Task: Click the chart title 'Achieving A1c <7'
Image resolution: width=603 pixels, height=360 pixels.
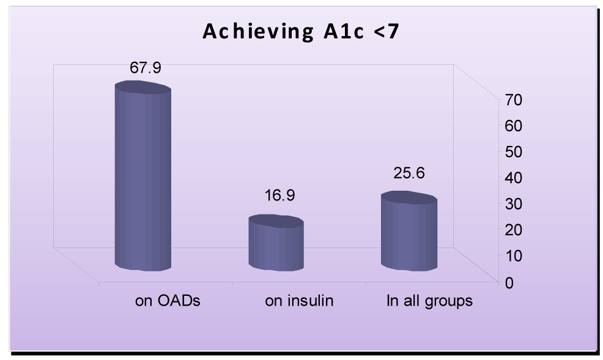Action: coord(301,32)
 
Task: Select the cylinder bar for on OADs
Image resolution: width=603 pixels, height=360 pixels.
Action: coord(143,176)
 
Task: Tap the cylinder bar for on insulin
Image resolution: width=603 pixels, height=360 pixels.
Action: coord(276,243)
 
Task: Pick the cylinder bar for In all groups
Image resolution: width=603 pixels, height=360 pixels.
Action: coord(409,231)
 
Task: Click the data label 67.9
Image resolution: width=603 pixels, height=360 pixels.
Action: coord(146,68)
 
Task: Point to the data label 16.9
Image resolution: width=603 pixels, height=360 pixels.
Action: coord(279,196)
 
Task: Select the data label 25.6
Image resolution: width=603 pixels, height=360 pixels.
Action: coord(409,173)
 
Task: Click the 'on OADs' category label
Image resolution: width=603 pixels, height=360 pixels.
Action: coord(168,301)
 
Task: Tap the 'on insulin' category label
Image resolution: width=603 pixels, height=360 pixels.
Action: coord(299,301)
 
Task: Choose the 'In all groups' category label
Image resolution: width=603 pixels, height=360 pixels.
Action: coord(429,301)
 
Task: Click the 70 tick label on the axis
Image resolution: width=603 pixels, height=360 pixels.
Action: coord(513,100)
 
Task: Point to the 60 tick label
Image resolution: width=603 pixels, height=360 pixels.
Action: coord(513,126)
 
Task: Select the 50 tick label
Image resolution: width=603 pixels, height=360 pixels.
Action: coord(513,152)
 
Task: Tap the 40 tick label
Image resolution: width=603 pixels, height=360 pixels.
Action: coord(513,178)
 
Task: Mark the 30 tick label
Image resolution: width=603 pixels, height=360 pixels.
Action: coord(513,204)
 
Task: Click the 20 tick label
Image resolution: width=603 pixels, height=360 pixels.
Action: coord(513,230)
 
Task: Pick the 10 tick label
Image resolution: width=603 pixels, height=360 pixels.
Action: coord(513,255)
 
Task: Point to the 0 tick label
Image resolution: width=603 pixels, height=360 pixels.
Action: coord(509,283)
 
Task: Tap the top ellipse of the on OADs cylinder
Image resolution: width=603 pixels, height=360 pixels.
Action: coord(143,87)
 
